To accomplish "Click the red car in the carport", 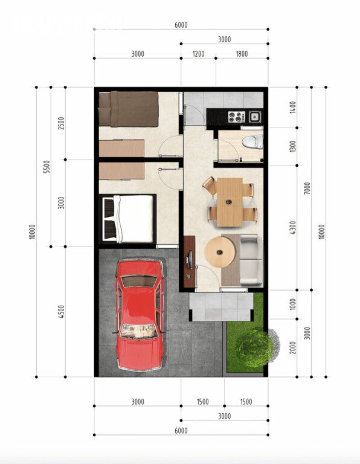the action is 140,315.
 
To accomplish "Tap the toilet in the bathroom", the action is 253,141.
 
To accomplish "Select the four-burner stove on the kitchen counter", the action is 236,117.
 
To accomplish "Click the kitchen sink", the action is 255,117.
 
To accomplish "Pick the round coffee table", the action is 220,252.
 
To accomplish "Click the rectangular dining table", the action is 230,202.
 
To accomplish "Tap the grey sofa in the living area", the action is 251,260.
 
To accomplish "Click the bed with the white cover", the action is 129,219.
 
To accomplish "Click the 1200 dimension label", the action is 199,54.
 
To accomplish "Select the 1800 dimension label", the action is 242,54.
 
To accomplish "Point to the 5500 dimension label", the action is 47,167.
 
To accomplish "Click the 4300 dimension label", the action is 292,228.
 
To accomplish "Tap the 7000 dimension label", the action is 307,188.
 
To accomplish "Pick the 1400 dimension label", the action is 292,107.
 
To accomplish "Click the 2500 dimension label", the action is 61,123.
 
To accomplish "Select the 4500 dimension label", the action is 61,312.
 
